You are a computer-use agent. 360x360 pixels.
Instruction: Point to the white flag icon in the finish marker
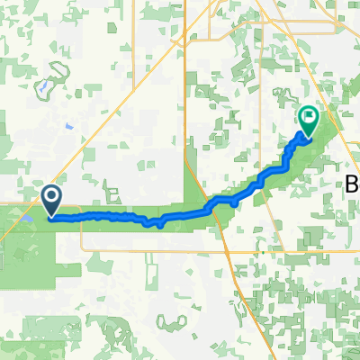pos(309,116)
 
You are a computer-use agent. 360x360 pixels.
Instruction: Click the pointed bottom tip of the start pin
pos(51,217)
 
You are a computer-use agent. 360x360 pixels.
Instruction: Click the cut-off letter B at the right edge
pos(353,184)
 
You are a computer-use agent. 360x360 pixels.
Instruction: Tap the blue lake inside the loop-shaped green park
pos(43,88)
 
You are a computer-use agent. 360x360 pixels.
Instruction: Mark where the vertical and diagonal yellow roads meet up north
pos(184,40)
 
